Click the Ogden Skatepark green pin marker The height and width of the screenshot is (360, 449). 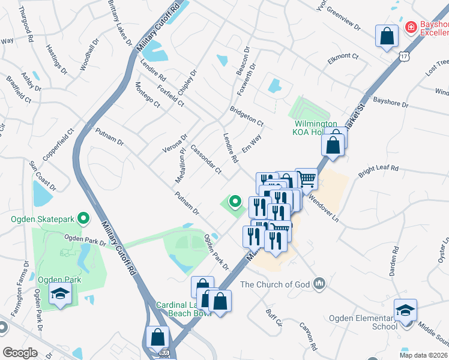click(84, 218)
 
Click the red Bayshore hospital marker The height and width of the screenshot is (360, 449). click(411, 27)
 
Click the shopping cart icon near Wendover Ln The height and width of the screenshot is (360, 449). click(306, 178)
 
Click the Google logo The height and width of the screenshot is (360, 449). click(19, 352)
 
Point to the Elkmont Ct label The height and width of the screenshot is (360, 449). click(342, 59)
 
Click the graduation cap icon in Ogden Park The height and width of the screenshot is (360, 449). click(60, 294)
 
